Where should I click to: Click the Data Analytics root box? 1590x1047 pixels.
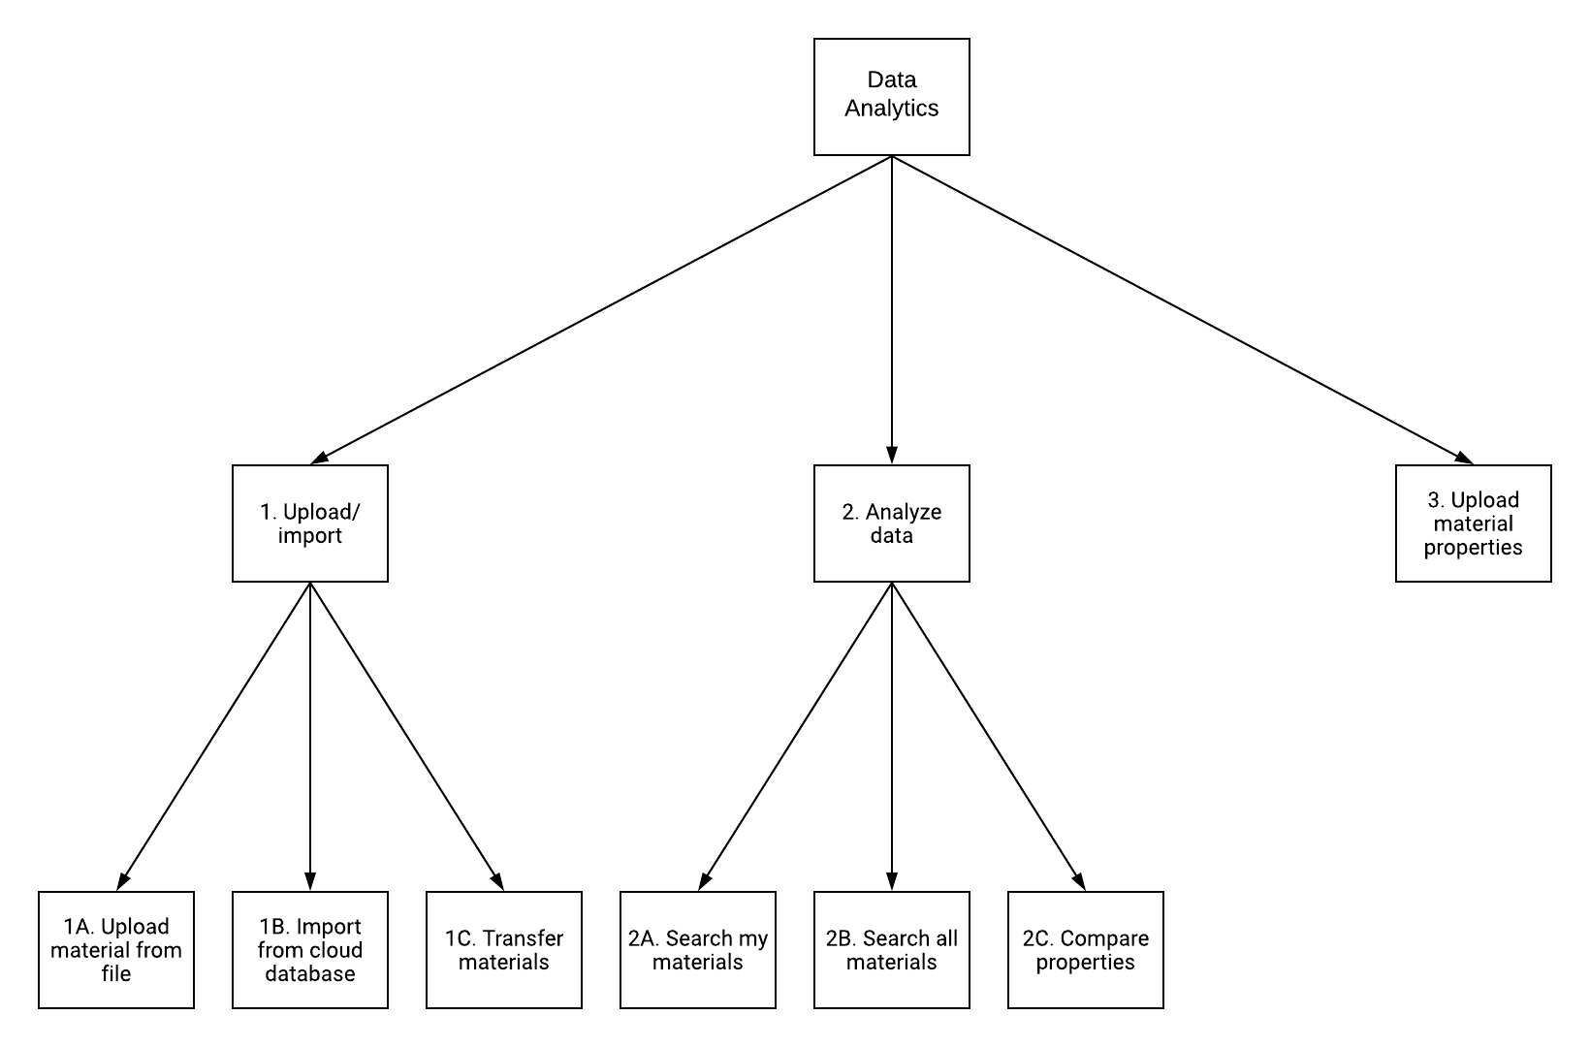[891, 97]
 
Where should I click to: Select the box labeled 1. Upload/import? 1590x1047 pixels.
[309, 523]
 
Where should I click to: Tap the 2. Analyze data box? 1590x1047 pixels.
[891, 523]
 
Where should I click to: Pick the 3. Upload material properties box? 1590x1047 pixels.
[1473, 523]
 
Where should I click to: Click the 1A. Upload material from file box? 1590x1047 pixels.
[116, 950]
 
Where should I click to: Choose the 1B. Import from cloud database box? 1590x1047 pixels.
[309, 950]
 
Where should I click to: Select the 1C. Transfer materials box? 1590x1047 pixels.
[503, 950]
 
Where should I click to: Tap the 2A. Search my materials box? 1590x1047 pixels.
[697, 950]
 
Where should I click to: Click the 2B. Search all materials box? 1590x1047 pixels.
[891, 950]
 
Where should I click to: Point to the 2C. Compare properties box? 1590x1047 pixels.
[1085, 950]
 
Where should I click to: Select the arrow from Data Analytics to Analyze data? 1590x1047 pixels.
[891, 310]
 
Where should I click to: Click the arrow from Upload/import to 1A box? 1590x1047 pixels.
[213, 737]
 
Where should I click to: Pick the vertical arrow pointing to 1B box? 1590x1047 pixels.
[309, 737]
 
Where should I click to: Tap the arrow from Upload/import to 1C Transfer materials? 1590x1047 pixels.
[407, 737]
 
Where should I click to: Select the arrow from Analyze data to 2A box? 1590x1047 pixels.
[795, 737]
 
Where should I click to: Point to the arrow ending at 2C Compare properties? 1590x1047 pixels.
[989, 737]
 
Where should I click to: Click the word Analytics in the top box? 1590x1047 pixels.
[891, 109]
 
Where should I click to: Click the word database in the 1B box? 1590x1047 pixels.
[309, 974]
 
